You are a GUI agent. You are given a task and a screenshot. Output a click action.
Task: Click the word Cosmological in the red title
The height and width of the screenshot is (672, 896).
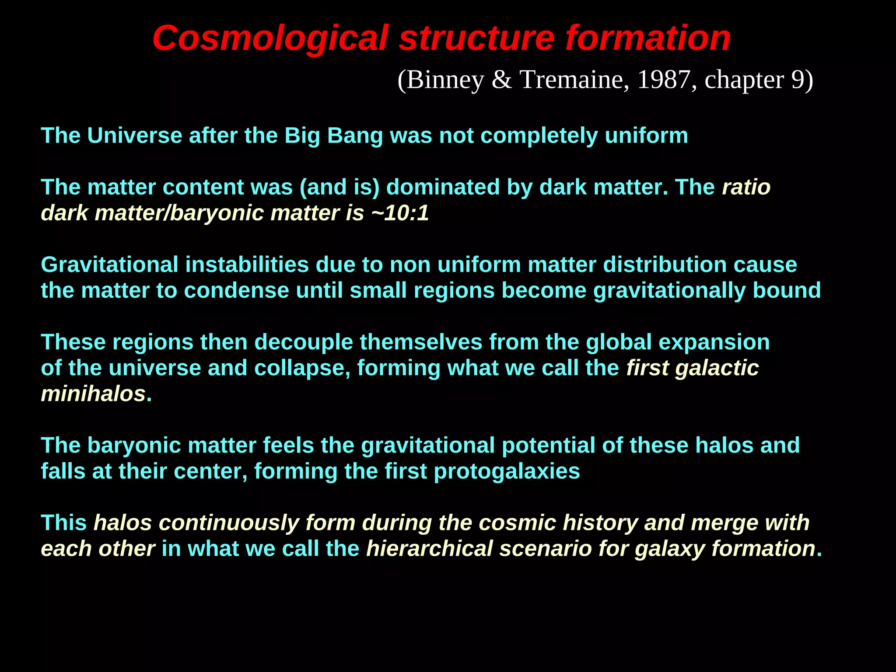[x=270, y=38]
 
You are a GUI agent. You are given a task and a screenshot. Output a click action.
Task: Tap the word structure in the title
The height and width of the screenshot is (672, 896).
[x=476, y=38]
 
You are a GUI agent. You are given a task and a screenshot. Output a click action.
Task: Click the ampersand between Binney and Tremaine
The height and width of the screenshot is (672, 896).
[x=502, y=80]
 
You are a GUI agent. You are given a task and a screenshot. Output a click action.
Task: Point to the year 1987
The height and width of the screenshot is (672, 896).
[x=664, y=80]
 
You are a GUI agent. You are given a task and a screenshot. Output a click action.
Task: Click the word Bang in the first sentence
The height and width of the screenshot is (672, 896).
[x=355, y=136]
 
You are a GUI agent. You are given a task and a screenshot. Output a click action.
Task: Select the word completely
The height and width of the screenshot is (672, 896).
[x=539, y=136]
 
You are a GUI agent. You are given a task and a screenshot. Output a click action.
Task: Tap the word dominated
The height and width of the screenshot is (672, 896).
[x=443, y=187]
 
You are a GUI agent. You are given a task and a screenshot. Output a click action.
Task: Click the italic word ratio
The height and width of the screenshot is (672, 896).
[x=746, y=187]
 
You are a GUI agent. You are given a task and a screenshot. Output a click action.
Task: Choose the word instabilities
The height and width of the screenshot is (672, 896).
[x=247, y=265]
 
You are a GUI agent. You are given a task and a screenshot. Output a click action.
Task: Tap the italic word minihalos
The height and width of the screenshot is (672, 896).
[x=93, y=394]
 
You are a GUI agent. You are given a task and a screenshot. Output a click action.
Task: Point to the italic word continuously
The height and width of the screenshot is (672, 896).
[x=228, y=523]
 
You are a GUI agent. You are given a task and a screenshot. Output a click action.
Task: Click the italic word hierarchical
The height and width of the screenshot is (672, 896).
[x=430, y=549]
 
